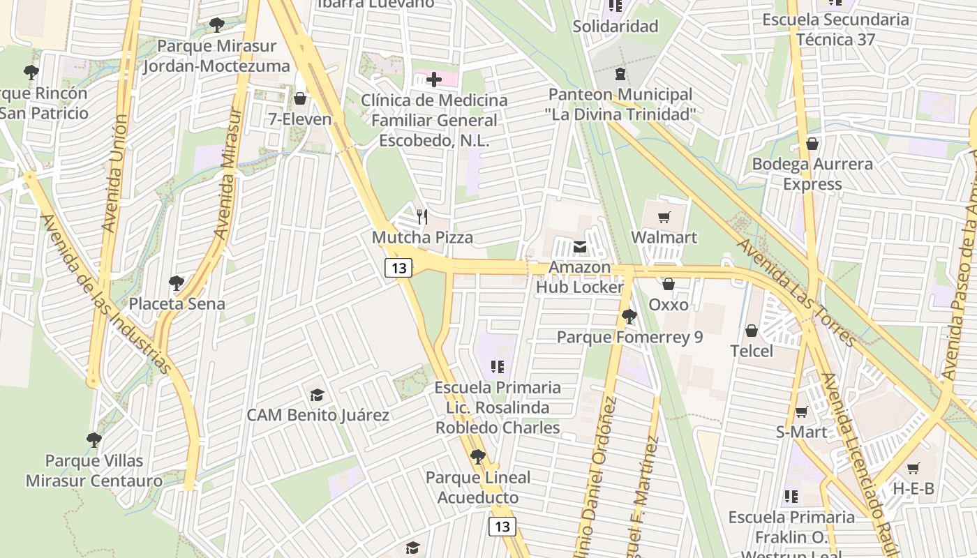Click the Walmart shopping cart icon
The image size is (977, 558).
[x=664, y=217]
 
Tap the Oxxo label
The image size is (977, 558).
[x=668, y=305]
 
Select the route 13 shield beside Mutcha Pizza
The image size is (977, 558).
[x=398, y=268]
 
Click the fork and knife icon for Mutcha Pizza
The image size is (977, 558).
[x=422, y=216]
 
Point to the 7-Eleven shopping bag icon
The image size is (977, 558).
[x=300, y=98]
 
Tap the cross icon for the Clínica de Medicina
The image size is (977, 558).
[x=434, y=79]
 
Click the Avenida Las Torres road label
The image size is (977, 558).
[x=796, y=293]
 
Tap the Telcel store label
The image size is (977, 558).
[x=752, y=351]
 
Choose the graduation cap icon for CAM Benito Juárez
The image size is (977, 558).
[x=318, y=395]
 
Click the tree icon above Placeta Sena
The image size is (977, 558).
[x=177, y=283]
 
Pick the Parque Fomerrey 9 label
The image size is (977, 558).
[x=629, y=338]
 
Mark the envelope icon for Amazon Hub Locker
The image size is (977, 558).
[x=580, y=246]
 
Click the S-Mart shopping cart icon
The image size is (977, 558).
[x=801, y=412]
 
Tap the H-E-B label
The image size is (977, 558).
[x=913, y=489]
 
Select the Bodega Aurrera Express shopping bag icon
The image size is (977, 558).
[x=812, y=144]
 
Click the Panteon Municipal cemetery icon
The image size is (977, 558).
[x=620, y=74]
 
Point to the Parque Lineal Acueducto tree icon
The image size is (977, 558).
[x=478, y=458]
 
